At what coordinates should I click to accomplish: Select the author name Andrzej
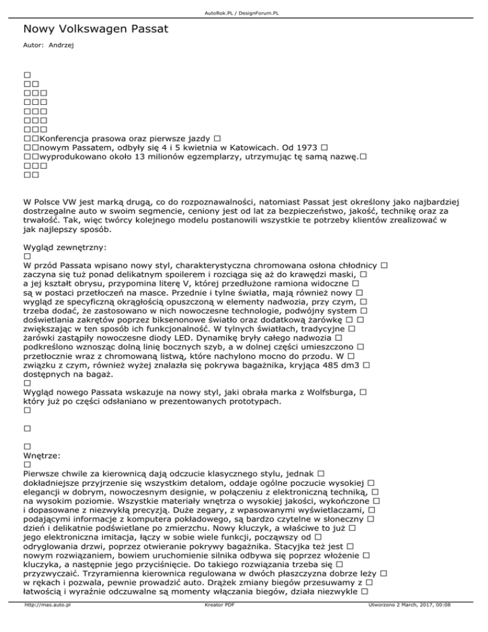click(62, 46)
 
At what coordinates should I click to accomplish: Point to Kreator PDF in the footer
click(217, 623)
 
